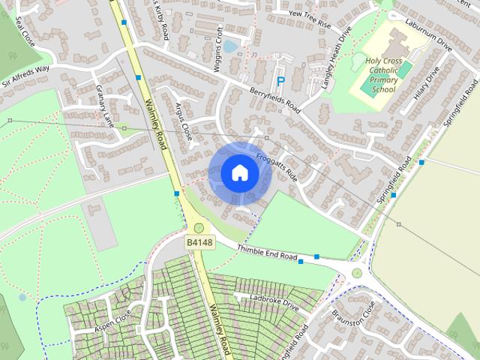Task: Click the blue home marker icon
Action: click(239, 173)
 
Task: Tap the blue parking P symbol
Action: click(281, 81)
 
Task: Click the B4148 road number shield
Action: click(199, 242)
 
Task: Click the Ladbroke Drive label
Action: click(274, 303)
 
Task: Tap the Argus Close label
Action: click(183, 121)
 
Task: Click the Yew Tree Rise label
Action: click(304, 18)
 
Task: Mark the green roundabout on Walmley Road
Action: click(199, 228)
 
